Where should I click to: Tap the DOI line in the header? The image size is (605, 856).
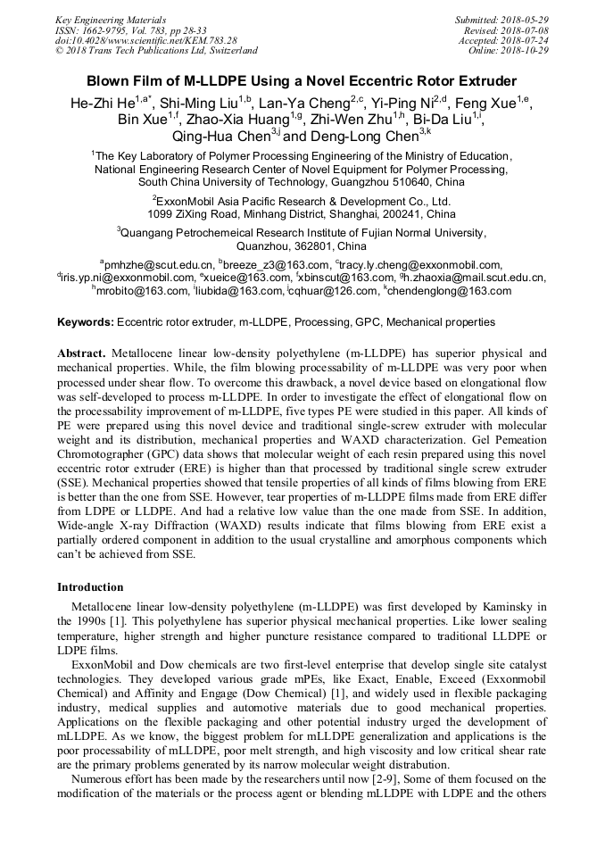coord(145,40)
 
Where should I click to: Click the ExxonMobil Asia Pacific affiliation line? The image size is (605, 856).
coord(302,202)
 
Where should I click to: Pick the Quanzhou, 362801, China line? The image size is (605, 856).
coord(302,245)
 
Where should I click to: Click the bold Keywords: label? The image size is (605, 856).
coord(85,321)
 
